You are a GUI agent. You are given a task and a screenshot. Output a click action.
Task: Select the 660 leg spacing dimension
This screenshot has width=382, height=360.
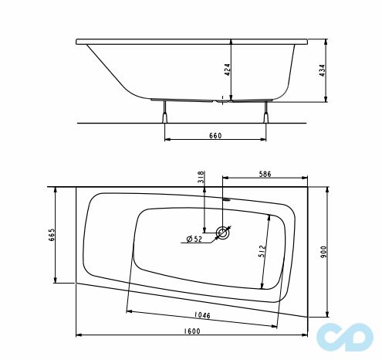(x=215, y=136)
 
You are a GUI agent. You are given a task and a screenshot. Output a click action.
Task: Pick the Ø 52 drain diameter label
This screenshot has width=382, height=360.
(x=194, y=239)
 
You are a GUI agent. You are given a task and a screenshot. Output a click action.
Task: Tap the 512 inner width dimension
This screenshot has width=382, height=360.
(x=262, y=250)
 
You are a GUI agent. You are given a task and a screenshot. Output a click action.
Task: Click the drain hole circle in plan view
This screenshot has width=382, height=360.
(x=223, y=232)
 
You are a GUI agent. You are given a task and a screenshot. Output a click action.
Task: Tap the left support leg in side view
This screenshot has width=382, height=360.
(x=164, y=113)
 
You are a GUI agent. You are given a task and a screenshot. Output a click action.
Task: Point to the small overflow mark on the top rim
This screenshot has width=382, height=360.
(x=227, y=199)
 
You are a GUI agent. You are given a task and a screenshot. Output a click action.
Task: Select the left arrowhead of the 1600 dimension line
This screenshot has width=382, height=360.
(x=79, y=336)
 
